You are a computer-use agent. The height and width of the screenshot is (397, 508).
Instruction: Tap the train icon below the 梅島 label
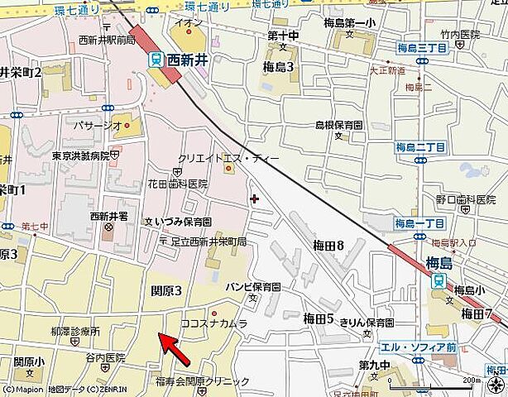click(x=437, y=281)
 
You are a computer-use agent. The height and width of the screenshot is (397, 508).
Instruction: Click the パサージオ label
click(x=100, y=125)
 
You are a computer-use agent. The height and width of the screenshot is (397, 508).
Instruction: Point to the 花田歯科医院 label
click(x=177, y=184)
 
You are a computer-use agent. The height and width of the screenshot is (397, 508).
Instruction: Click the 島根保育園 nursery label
click(x=339, y=124)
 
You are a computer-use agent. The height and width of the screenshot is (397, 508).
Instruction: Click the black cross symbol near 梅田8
click(x=253, y=198)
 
